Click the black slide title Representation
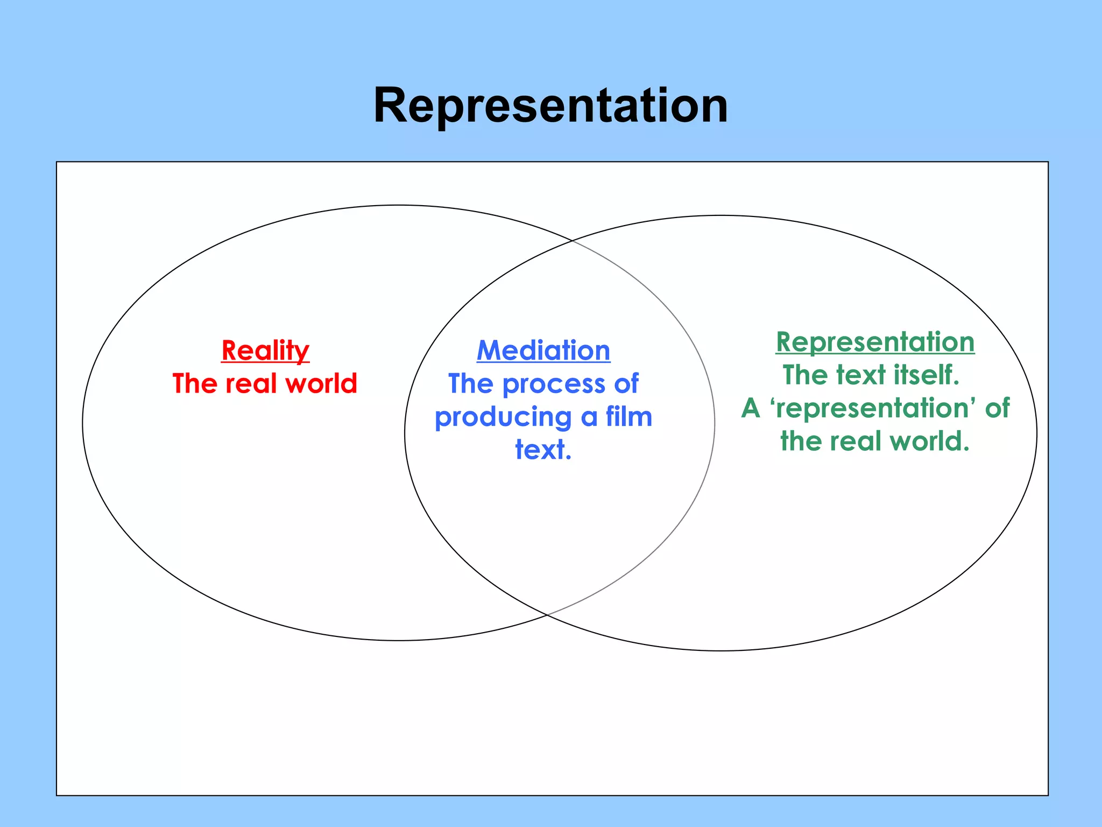(x=550, y=106)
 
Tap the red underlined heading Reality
(x=265, y=351)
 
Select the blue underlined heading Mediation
(x=543, y=351)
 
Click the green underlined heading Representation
(x=875, y=342)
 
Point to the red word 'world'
(x=321, y=384)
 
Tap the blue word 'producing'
(x=504, y=417)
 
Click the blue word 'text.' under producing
(x=543, y=450)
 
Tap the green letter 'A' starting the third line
(x=751, y=408)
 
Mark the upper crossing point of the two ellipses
(x=572, y=241)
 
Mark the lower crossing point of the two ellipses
(x=547, y=614)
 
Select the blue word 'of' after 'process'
(x=626, y=384)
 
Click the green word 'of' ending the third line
(x=997, y=408)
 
